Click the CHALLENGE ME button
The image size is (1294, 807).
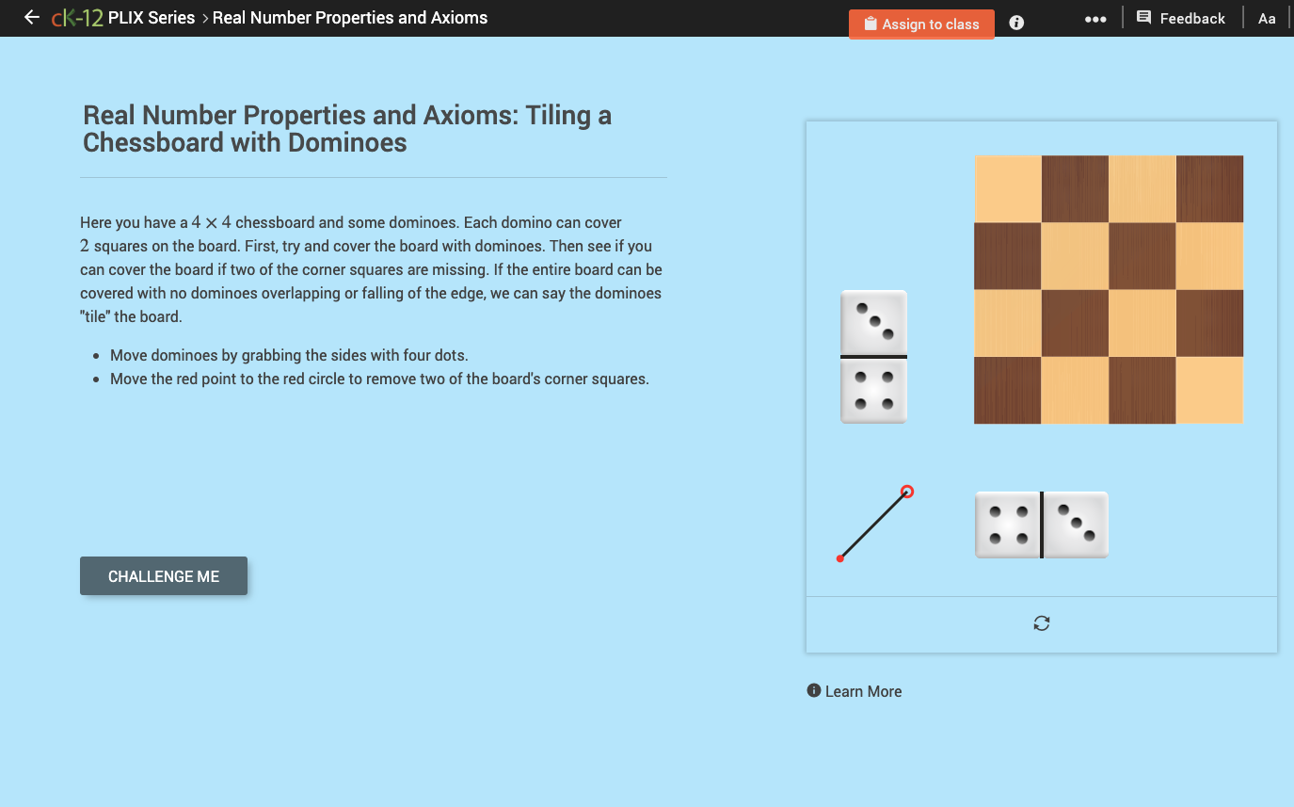(164, 576)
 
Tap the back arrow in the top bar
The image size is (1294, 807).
(32, 17)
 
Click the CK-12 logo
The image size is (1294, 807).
(77, 18)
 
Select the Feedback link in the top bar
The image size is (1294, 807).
(1181, 18)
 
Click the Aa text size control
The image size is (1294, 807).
(1267, 19)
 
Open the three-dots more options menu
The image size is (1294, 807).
(1094, 19)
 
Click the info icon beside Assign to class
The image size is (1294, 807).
(1016, 23)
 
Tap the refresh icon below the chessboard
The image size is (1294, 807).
(1041, 623)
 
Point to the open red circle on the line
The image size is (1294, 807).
(907, 492)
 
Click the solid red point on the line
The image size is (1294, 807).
(840, 558)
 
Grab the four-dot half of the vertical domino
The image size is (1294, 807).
(873, 391)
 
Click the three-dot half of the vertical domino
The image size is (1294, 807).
(873, 322)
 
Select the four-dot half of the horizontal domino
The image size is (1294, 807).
(1007, 525)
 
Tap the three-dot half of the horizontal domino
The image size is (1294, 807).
(1076, 525)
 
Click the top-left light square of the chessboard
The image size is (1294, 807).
(1007, 188)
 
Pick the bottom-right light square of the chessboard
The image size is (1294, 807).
(1209, 390)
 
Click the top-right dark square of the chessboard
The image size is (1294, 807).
(1209, 188)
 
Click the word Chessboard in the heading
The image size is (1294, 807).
(152, 143)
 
